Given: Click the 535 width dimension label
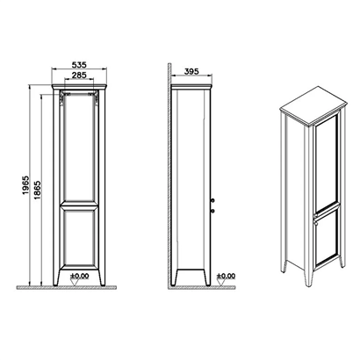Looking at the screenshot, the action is [79, 65].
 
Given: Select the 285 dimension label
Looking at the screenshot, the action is [79, 76].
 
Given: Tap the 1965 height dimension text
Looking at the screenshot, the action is [25, 185].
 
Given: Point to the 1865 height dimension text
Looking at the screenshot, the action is [38, 191].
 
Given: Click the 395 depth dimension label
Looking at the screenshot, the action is [191, 71].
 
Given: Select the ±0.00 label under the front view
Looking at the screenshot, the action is [79, 276].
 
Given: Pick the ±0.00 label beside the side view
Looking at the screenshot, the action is [226, 276].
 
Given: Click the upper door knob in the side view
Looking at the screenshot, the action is [212, 200].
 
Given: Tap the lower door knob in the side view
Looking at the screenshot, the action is [212, 211].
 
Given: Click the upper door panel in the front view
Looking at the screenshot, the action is [79, 147].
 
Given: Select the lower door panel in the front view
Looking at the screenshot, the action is [79, 238].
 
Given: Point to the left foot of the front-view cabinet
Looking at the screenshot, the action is [56, 277].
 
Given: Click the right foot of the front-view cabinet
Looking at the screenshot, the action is [102, 277].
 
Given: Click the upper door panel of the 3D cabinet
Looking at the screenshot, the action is [326, 163].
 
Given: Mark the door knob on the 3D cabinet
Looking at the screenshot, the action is [314, 223].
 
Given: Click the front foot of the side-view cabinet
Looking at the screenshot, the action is [207, 277].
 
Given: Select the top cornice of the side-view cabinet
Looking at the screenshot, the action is [191, 87].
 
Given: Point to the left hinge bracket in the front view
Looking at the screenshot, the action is [62, 98].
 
